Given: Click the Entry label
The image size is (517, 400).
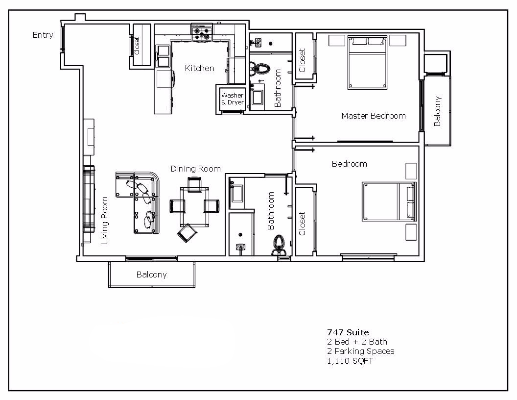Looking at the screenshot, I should click(x=43, y=35).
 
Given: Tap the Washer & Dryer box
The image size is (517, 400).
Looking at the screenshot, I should click(x=232, y=99).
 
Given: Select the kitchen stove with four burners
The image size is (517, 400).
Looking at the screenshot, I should click(x=202, y=33).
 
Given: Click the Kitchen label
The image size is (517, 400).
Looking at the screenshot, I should click(x=199, y=68).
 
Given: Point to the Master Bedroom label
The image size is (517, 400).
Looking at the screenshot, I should click(x=374, y=116).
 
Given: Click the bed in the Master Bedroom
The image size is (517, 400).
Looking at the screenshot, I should click(x=368, y=62).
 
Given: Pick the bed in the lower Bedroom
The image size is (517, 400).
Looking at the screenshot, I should click(x=389, y=201).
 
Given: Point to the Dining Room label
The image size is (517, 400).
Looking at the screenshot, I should click(x=195, y=169).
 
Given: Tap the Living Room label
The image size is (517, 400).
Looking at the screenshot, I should click(x=104, y=221).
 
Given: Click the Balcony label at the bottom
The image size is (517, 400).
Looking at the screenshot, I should click(x=151, y=275).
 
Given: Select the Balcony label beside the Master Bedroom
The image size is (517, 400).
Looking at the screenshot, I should click(x=437, y=111).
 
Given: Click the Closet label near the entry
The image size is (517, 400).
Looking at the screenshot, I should click(x=137, y=46).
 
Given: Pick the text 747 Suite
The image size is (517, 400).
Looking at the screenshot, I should click(x=348, y=332).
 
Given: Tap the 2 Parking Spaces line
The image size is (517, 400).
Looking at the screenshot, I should click(x=360, y=351).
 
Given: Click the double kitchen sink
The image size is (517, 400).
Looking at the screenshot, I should click(x=163, y=54).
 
